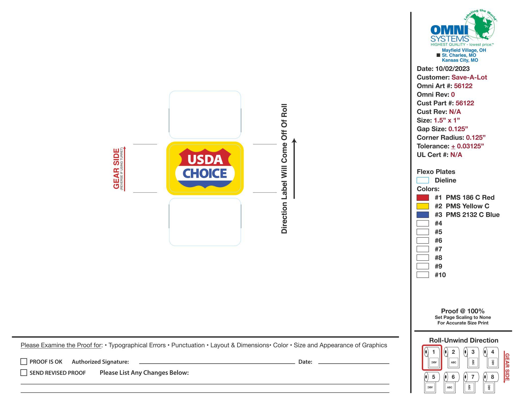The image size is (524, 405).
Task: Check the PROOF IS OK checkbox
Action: pos(24,362)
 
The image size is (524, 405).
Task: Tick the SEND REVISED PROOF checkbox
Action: pos(24,373)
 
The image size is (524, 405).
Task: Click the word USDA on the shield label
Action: pos(205,160)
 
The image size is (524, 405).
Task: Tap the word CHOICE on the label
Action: pos(205,173)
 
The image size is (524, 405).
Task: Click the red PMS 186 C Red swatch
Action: pos(423,198)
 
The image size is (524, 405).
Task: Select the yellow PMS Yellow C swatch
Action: pos(423,206)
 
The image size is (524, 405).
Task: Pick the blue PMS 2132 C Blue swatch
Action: pos(423,215)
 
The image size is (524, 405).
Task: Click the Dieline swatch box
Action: pos(423,180)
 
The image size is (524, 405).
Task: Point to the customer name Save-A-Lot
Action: pos(469,77)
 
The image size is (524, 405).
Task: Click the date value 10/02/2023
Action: pos(452,69)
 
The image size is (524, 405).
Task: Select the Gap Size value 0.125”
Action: pos(458,129)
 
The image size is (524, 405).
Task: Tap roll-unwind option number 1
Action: pos(432,357)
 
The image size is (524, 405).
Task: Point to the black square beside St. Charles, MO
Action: pos(438,55)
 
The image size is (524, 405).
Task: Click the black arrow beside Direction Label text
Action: pos(294,168)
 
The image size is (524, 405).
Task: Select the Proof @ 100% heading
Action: pos(463,311)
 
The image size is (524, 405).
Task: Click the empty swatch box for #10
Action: pos(423,275)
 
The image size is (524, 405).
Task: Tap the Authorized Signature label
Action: pos(100,362)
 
